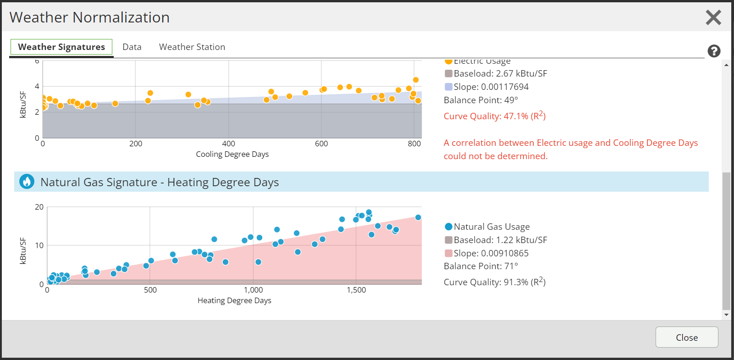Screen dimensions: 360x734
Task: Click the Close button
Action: coord(686,337)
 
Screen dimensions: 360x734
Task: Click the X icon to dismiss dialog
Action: coord(713,17)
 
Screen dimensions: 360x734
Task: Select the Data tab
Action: coord(132,47)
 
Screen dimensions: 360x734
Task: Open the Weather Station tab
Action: coord(192,47)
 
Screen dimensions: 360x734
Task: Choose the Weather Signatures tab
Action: coord(61,47)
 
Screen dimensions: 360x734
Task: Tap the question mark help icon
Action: coord(714,51)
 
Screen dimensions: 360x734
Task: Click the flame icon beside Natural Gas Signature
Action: coord(27,182)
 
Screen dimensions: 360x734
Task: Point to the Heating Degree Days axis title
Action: coord(234,300)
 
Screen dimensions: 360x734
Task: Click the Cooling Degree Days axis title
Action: coord(232,154)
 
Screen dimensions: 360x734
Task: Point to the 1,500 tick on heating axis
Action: coord(356,290)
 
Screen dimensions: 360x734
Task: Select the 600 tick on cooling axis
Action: coord(321,144)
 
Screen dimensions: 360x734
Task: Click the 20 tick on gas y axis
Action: coord(39,207)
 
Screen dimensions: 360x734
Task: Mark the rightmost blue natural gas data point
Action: coord(418,217)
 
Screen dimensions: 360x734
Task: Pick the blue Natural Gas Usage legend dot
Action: coord(449,227)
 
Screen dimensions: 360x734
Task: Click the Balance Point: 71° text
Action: coord(481,266)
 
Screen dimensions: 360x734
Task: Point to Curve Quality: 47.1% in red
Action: coord(495,116)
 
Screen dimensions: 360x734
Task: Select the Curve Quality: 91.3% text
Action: coord(495,282)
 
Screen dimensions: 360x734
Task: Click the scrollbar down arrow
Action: coord(726,315)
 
